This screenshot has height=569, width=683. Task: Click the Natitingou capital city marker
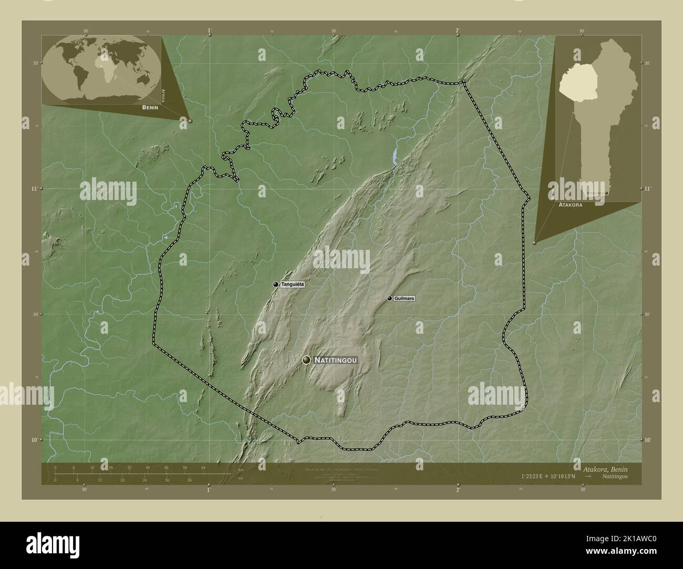306,360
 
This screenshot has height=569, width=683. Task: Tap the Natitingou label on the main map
336,360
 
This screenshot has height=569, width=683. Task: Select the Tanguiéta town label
293,284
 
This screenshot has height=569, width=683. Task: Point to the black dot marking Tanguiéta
276,284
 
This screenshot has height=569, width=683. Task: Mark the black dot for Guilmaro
389,298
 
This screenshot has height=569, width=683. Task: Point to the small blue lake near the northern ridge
395,154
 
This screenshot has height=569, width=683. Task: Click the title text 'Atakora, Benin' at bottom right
604,469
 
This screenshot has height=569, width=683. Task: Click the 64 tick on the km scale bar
203,467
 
